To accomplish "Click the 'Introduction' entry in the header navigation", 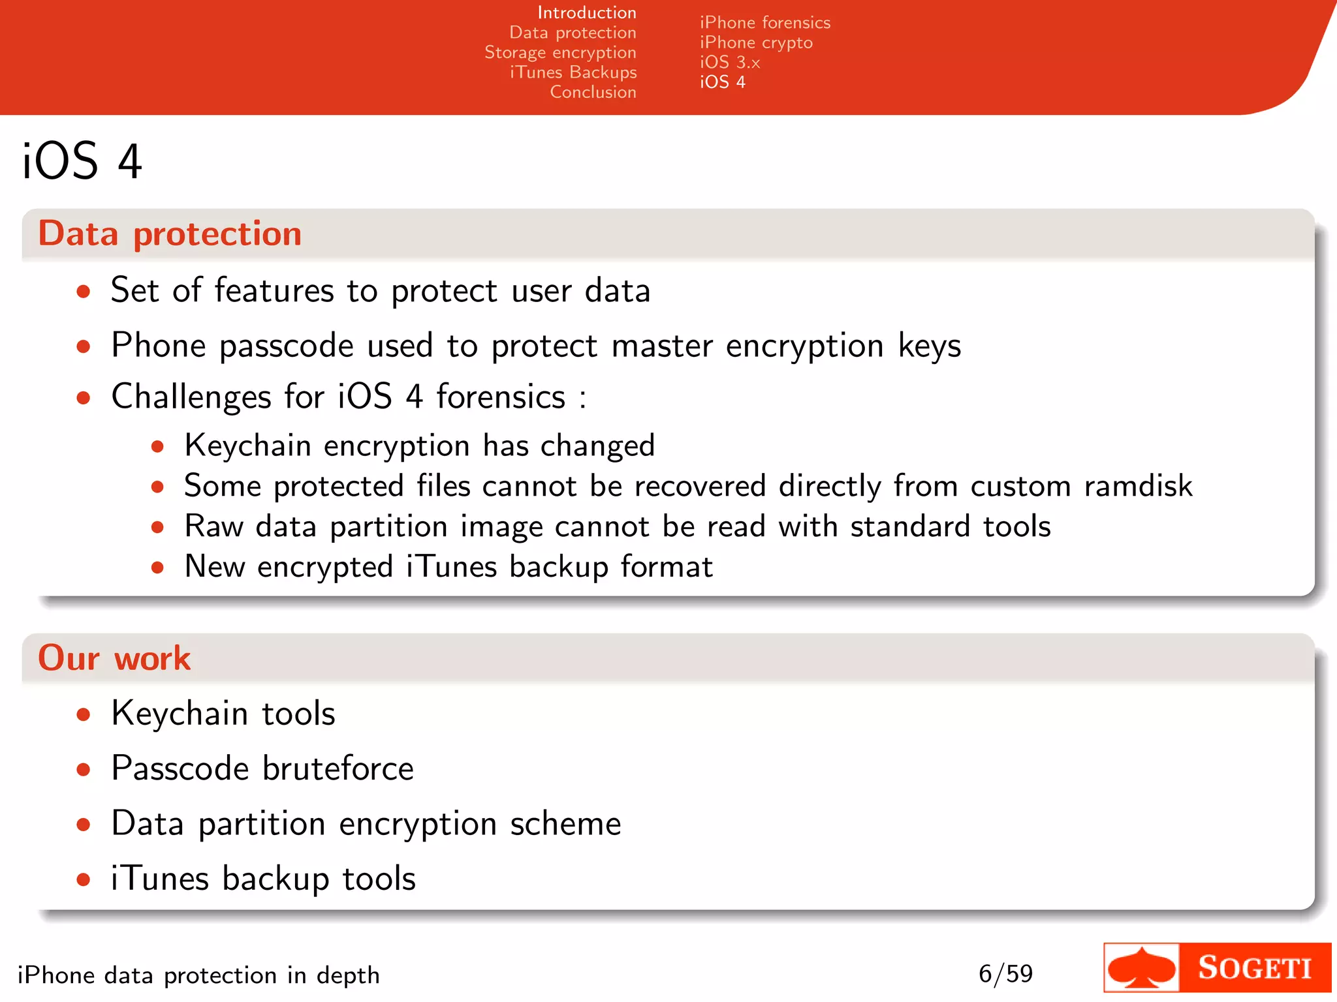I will click(586, 12).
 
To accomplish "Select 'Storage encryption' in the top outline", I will click(560, 52).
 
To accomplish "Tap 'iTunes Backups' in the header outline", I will click(573, 72).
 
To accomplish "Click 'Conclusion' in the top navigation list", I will click(593, 92).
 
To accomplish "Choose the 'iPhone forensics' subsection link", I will click(765, 23).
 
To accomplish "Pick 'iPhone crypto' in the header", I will click(756, 42).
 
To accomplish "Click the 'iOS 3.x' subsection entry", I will click(730, 62).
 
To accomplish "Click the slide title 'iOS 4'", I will click(82, 161).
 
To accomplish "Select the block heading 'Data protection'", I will click(170, 234).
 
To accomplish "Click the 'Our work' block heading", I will click(114, 658).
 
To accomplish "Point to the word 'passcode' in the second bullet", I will click(287, 346).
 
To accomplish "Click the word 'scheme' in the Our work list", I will click(565, 823).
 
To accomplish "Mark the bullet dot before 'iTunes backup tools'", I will click(83, 879).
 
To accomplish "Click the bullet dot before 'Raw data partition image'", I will click(157, 527).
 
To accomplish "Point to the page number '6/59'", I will click(1005, 974).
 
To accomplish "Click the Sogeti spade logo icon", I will click(1142, 968).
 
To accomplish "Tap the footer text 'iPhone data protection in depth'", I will click(198, 975).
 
